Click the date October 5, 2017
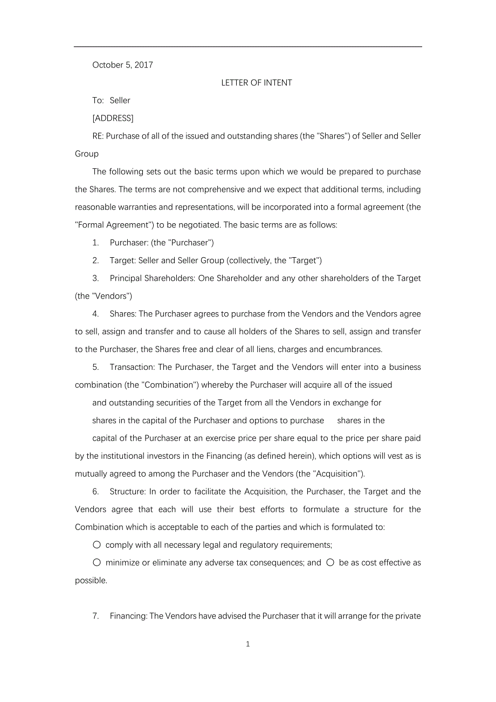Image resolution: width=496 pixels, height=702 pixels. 122,65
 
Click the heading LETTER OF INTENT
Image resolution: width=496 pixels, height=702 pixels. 257,82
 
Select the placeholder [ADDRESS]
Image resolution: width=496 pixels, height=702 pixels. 113,118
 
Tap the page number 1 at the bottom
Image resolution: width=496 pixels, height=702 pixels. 248,644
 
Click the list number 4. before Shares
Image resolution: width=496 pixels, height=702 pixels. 95,314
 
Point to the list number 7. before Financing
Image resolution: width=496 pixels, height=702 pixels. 95,616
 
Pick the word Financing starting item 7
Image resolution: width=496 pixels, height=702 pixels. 128,616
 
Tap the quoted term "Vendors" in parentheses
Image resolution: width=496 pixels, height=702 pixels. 112,296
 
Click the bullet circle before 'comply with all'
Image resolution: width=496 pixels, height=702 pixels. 97,545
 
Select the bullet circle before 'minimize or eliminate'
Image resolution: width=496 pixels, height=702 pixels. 97,562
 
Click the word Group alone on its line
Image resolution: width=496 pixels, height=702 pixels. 87,154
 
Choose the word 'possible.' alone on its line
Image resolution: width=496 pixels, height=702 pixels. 91,580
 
